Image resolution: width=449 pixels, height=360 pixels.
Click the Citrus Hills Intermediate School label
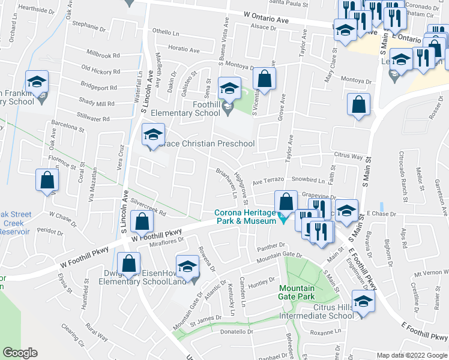pyautogui.click(x=317, y=316)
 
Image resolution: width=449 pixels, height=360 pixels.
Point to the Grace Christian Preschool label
pyautogui.click(x=207, y=144)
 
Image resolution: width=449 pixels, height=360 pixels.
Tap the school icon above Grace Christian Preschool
pyautogui.click(x=152, y=134)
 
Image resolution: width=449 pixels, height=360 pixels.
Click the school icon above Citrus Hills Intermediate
pyautogui.click(x=363, y=301)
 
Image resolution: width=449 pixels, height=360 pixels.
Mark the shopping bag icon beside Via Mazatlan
pyautogui.click(x=47, y=180)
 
